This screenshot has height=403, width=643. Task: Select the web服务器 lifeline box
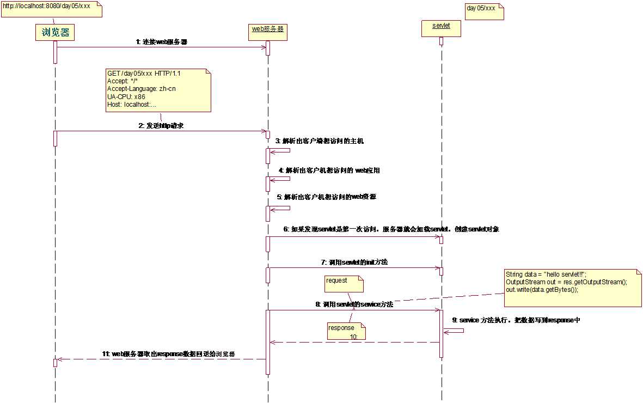(267, 29)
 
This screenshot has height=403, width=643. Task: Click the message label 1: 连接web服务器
(162, 41)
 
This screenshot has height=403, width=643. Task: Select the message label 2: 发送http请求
(161, 125)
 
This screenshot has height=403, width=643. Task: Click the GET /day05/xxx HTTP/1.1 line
(144, 73)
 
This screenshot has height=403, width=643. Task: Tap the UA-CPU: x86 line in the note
(126, 96)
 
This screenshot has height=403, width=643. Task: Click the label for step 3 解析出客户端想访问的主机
(320, 141)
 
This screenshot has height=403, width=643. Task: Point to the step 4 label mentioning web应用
(329, 170)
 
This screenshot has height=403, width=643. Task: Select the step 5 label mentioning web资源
(326, 197)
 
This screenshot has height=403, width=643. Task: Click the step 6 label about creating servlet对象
(391, 229)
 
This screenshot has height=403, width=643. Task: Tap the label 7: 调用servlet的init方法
(354, 262)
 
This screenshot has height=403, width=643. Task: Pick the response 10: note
(345, 331)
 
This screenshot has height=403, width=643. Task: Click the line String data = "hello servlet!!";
(546, 274)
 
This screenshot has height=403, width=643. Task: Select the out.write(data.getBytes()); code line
(542, 290)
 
